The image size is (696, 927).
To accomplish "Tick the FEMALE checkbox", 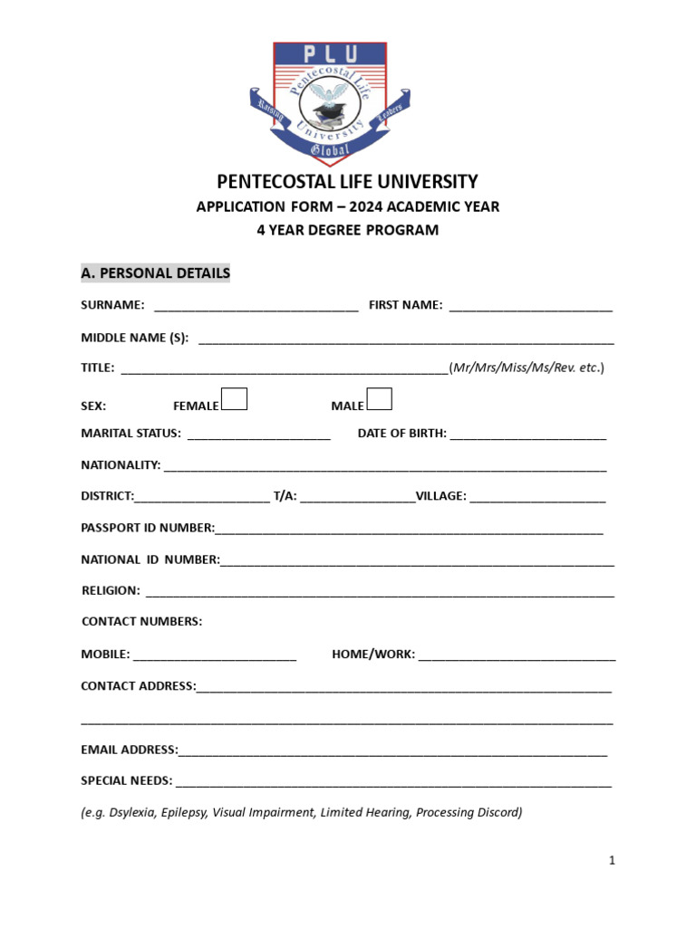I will [x=235, y=399].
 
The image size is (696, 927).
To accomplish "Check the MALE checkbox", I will [x=380, y=399].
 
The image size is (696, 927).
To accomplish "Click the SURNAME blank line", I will [x=256, y=308].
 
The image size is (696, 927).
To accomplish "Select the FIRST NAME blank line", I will [x=530, y=308].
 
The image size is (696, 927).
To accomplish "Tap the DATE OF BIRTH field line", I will [x=527, y=435].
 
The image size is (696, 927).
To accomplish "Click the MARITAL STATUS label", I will [x=130, y=434].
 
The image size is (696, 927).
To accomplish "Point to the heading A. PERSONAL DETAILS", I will [x=155, y=273].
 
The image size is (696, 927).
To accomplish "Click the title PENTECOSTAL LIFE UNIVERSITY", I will [x=347, y=182].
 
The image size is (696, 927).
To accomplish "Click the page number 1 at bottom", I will [x=613, y=861].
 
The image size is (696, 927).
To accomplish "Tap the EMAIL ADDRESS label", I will [x=130, y=750].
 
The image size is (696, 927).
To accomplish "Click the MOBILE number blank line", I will [x=215, y=656].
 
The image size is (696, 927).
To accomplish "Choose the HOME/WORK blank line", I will [x=517, y=656].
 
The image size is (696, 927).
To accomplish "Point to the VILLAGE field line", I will [x=537, y=498].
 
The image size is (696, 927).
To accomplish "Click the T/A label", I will [x=285, y=496].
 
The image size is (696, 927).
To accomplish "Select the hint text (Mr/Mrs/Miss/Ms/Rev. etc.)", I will [x=527, y=368].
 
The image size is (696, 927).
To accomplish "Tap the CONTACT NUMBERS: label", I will [x=141, y=622].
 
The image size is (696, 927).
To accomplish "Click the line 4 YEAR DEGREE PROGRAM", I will [x=347, y=231].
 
